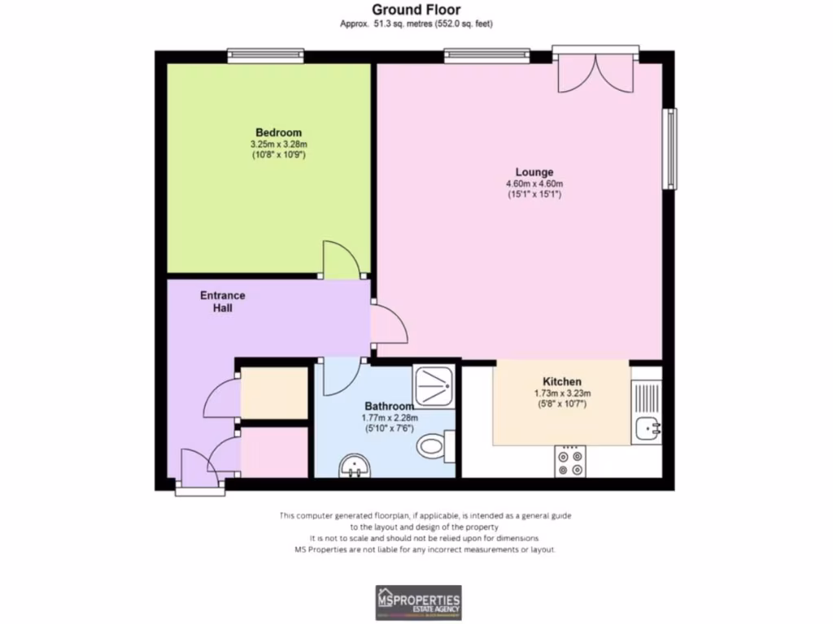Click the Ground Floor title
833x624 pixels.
click(416, 10)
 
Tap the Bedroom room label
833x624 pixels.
click(278, 132)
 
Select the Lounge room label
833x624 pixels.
click(534, 172)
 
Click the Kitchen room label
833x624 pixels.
click(561, 382)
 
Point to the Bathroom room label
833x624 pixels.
click(389, 406)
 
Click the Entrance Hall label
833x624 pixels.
click(222, 301)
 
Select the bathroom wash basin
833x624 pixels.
click(355, 466)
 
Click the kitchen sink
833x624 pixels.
click(648, 427)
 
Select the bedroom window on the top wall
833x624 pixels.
click(265, 55)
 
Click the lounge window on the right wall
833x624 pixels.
click(670, 148)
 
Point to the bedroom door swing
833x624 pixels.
click(341, 260)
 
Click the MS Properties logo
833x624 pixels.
click(417, 602)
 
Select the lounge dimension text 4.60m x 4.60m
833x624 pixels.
click(534, 184)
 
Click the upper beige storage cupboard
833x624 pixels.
click(274, 393)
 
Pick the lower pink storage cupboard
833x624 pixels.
click(274, 452)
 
